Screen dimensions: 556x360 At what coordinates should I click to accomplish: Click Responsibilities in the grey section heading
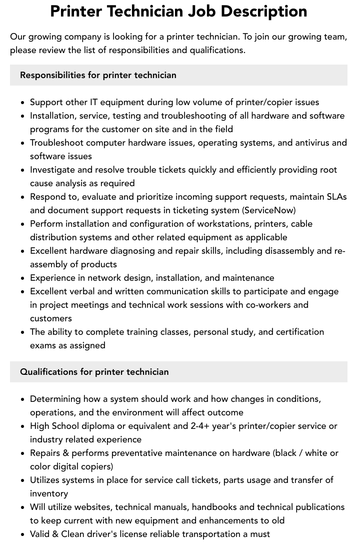pyautogui.click(x=52, y=75)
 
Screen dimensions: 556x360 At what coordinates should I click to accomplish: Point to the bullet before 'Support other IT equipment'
pyautogui.click(x=23, y=103)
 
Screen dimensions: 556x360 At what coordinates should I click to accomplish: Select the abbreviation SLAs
pyautogui.click(x=335, y=197)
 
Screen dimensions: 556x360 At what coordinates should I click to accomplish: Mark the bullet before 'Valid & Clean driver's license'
pyautogui.click(x=23, y=534)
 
